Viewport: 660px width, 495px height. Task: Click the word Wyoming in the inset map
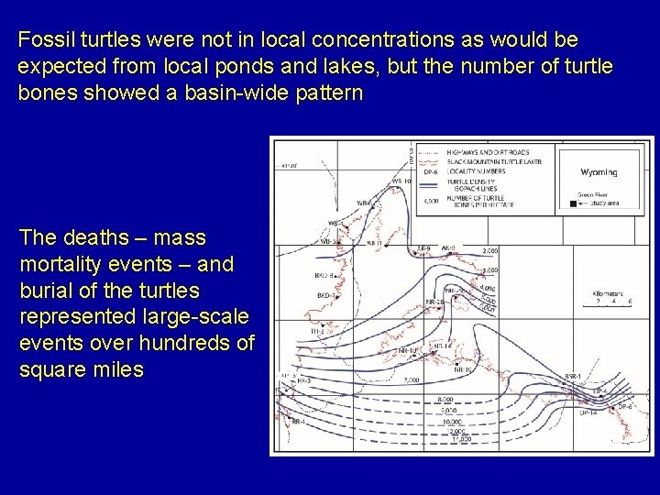(x=599, y=172)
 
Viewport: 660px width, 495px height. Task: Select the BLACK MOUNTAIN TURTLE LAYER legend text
(x=495, y=160)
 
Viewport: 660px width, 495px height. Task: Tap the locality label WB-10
(x=401, y=181)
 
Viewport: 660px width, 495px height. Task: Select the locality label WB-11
(x=374, y=243)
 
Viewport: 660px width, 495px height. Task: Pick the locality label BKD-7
(x=324, y=296)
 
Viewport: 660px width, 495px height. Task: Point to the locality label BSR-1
(x=574, y=377)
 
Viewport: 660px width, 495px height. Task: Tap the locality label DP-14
(x=588, y=413)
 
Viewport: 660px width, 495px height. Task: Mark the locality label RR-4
(x=296, y=422)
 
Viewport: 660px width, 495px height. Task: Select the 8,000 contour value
(x=446, y=400)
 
